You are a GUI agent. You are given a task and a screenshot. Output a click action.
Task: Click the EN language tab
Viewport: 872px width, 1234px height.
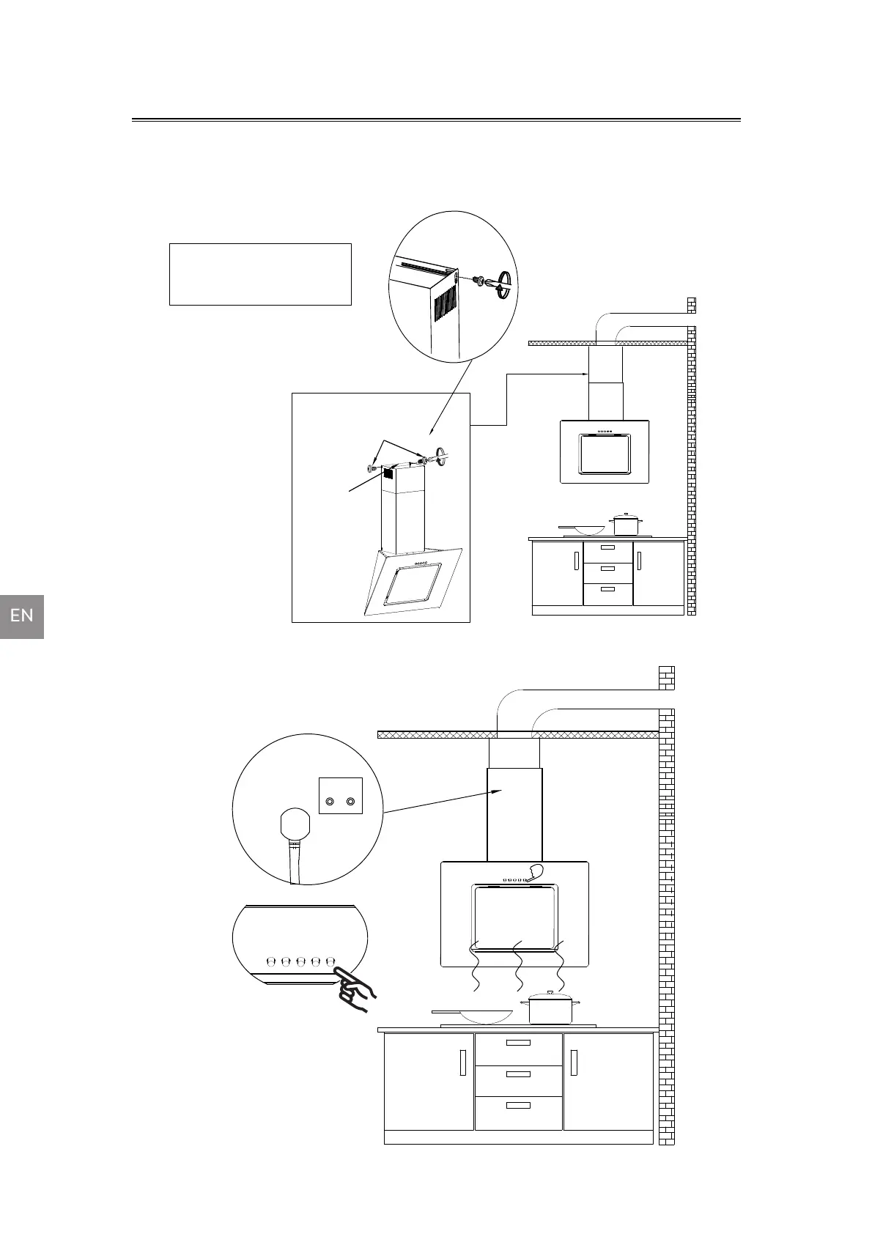click(22, 616)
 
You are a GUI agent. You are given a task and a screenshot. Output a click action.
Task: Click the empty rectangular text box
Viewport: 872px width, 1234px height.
click(260, 274)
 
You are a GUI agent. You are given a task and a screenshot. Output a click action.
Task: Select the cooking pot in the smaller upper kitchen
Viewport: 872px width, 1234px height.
click(625, 525)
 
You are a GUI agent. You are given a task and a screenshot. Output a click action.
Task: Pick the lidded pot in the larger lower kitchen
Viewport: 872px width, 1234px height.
click(550, 1008)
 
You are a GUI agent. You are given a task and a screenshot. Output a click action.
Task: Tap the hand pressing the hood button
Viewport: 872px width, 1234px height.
click(357, 989)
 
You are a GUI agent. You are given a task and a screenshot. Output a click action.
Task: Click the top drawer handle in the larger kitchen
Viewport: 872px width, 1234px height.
click(518, 1042)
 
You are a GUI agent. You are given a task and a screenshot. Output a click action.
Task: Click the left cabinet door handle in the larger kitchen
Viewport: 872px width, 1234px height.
click(462, 1063)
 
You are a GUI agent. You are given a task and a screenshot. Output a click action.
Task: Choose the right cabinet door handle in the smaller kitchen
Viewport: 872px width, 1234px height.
click(639, 561)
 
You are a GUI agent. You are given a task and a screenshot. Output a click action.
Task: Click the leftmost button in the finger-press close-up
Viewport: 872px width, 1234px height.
click(270, 960)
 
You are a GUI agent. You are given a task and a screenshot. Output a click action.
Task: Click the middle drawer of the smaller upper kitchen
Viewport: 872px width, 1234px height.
click(607, 569)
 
